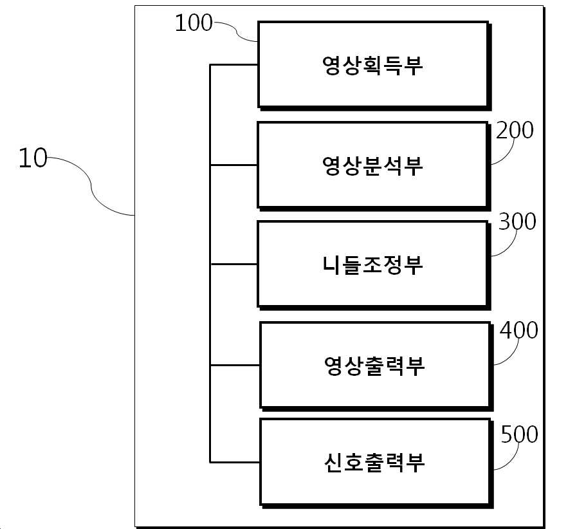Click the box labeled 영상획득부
(372, 64)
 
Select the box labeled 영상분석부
(372, 165)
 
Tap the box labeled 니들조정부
(372, 264)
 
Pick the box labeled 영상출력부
(375, 365)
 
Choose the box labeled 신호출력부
(375, 461)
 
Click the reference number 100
(194, 23)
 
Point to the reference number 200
(515, 131)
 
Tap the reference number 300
(517, 222)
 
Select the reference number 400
(518, 331)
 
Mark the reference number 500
(519, 435)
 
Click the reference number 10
(33, 158)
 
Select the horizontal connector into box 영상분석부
(234, 165)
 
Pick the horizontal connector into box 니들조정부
(234, 264)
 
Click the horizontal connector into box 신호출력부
(235, 461)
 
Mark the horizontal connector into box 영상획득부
(234, 65)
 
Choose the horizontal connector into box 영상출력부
(235, 365)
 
